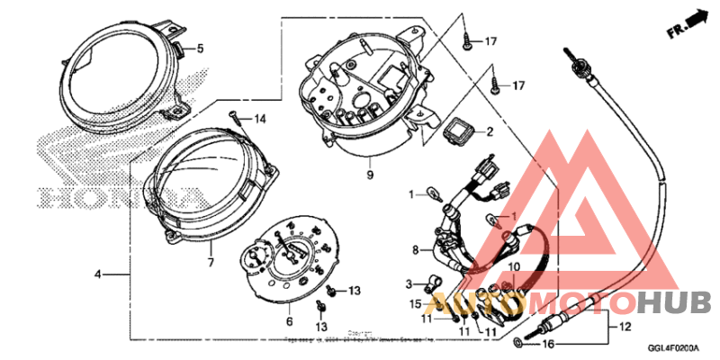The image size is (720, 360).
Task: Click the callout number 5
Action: point(201,48)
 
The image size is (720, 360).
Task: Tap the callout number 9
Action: point(369,174)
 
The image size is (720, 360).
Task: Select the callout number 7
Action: point(211,263)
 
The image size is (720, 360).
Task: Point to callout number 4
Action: point(97,272)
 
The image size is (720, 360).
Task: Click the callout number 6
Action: point(290,321)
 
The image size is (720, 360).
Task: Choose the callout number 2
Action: point(490,132)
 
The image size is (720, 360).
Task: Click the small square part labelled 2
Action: point(457,132)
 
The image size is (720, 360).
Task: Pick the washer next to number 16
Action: point(517,345)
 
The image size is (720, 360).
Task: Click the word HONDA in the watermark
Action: point(117,196)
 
